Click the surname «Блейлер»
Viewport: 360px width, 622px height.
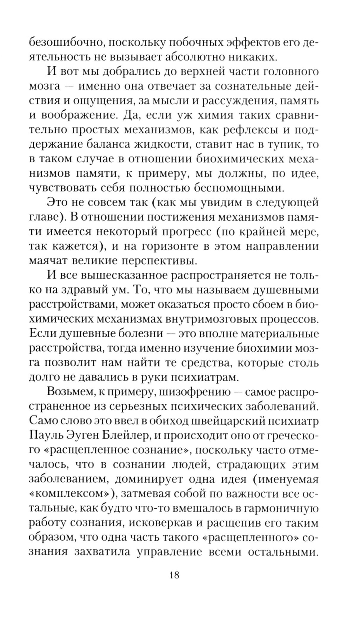pyautogui.click(x=121, y=436)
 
